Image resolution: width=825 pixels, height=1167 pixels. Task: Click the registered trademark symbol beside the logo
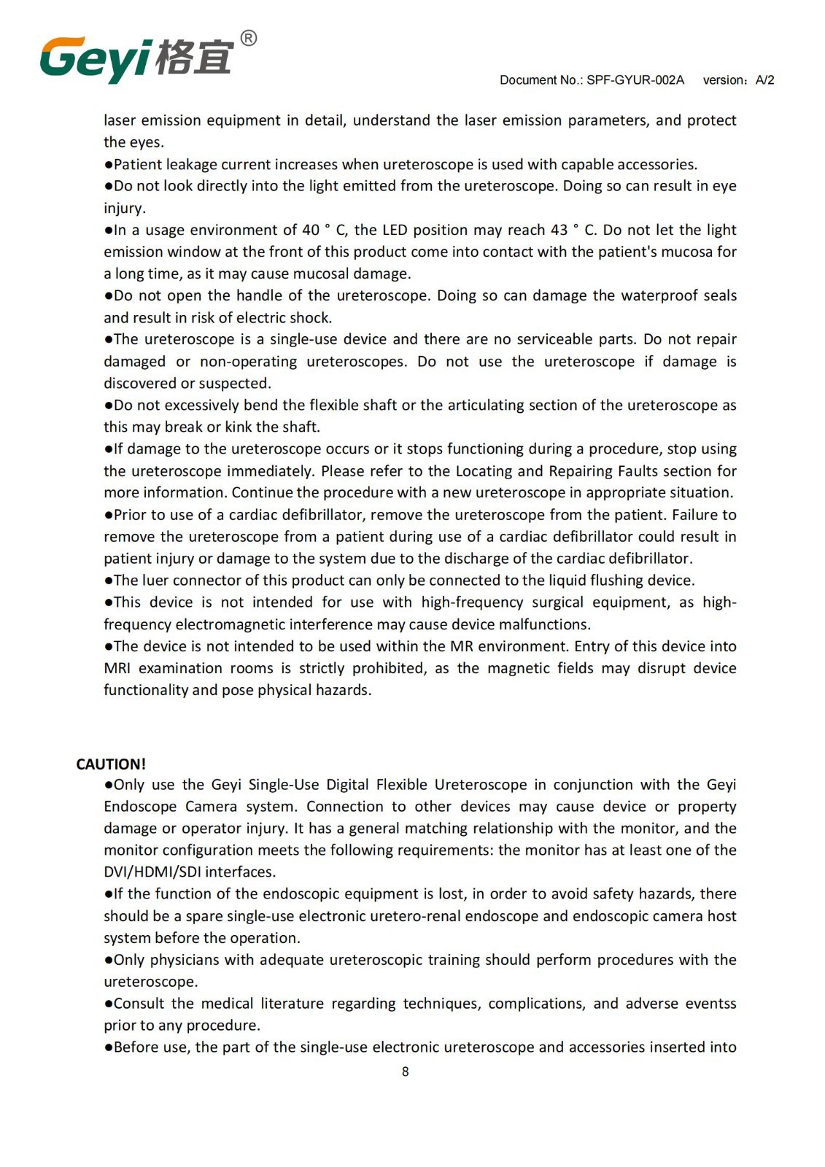click(248, 38)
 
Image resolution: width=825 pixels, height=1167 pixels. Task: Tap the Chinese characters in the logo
click(195, 57)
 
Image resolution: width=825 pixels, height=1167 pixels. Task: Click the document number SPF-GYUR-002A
click(635, 80)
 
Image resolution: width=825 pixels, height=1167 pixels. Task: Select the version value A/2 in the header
click(765, 80)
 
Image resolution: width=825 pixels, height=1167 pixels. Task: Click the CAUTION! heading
click(111, 764)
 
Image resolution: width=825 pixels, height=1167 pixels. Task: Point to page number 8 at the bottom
click(406, 1071)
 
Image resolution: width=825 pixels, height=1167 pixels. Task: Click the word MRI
click(117, 668)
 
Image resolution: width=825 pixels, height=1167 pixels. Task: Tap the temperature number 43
click(559, 230)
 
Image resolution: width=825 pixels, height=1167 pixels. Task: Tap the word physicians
click(185, 959)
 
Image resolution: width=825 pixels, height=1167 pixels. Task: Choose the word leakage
click(191, 164)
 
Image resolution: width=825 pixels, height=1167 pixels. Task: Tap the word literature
click(291, 1003)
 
